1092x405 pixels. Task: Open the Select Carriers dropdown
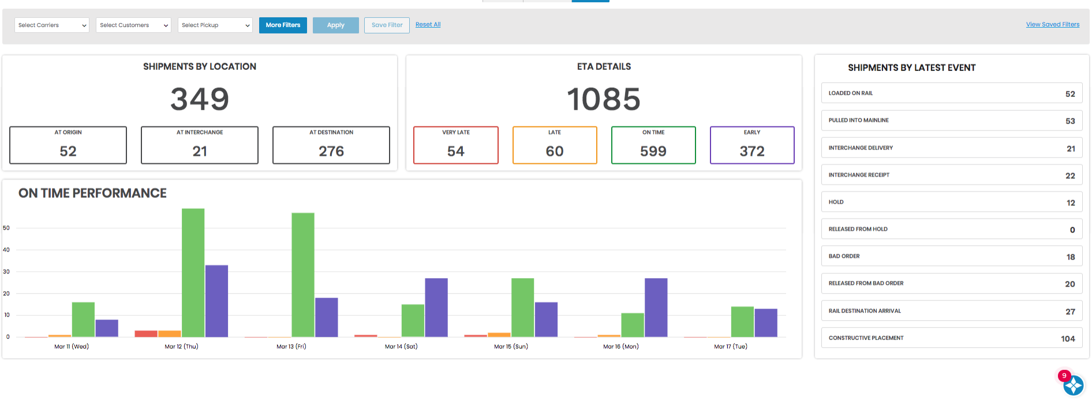[52, 25]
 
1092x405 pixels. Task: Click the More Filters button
[283, 25]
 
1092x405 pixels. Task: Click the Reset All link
[428, 25]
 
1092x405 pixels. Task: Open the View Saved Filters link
[1052, 25]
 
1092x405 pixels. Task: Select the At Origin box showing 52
[68, 145]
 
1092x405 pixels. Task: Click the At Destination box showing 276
[331, 145]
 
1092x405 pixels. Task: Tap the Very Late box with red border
[456, 145]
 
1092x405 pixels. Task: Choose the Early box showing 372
[752, 145]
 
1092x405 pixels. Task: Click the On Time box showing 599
[653, 145]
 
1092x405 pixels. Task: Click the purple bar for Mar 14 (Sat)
[436, 307]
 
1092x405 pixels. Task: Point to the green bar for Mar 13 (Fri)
[303, 275]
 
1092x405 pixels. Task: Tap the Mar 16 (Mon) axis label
[621, 347]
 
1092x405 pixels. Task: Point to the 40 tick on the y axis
[6, 250]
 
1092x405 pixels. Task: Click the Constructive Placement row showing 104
[951, 338]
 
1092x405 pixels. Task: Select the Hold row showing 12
[951, 202]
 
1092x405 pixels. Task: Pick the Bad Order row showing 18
[951, 257]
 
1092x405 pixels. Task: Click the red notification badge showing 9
[1064, 376]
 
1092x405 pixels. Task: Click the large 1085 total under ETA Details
[604, 99]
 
